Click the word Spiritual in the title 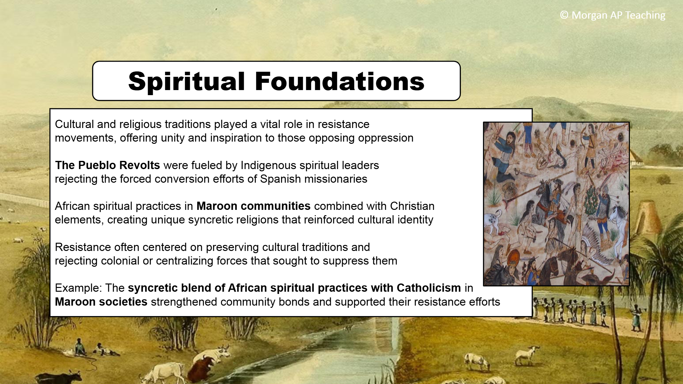(187, 82)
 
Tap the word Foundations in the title (340, 81)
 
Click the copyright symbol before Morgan (564, 15)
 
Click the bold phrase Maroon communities (254, 206)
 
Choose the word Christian (412, 206)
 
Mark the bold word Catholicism (429, 288)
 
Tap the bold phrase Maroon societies (101, 302)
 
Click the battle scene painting (556, 204)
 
